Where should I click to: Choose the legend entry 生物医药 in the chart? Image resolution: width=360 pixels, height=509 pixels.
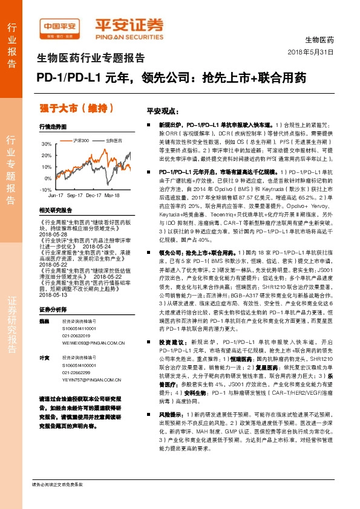114,140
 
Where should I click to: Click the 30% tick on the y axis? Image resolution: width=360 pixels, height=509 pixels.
47,145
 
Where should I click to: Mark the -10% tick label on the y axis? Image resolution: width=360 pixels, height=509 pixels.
46,190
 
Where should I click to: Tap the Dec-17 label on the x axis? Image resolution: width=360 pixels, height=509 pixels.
93,196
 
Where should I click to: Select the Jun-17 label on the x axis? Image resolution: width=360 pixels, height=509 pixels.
56,196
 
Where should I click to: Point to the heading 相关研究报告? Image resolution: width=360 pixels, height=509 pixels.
55,210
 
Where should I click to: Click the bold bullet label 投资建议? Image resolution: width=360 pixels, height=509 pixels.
171,358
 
